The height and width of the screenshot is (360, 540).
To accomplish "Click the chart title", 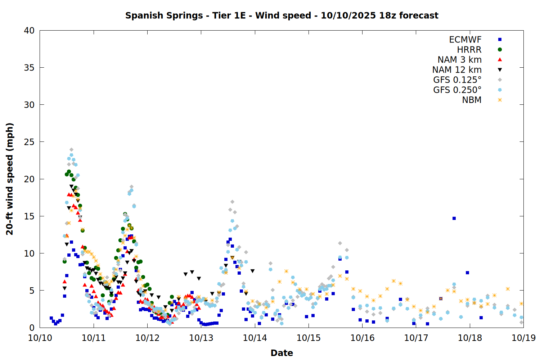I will coord(282,15).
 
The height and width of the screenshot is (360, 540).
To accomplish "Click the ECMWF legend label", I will coord(465,40).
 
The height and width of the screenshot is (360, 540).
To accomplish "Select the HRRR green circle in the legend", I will coord(500,50).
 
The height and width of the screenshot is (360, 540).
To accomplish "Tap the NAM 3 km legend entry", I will coord(459,60).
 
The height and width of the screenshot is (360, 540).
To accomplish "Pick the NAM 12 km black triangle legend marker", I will coord(500,70).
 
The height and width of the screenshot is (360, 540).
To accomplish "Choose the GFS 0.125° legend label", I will coord(457,80).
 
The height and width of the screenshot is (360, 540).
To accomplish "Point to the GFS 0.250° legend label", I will coord(457,90).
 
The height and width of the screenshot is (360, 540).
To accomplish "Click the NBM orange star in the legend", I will coord(500,100).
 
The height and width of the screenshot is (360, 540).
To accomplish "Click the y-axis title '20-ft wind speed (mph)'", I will coord(10,179).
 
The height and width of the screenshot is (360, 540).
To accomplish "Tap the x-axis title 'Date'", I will coord(282,353).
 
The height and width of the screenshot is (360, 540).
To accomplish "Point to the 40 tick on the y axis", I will coord(29,31).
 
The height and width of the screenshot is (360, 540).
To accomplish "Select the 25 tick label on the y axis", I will coord(29,142).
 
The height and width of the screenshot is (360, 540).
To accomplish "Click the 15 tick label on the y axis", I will coord(29,216).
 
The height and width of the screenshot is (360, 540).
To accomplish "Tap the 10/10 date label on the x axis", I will coord(40,338).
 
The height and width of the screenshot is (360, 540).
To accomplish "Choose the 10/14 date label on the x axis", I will coord(255,338).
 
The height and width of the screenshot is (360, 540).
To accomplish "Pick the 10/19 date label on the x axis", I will coord(523,338).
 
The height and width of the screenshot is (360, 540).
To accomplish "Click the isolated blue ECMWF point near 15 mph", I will coord(454,218).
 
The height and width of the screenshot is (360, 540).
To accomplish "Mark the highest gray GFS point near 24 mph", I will coord(71,149).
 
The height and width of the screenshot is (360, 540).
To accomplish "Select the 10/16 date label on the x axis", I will coord(362,338).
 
